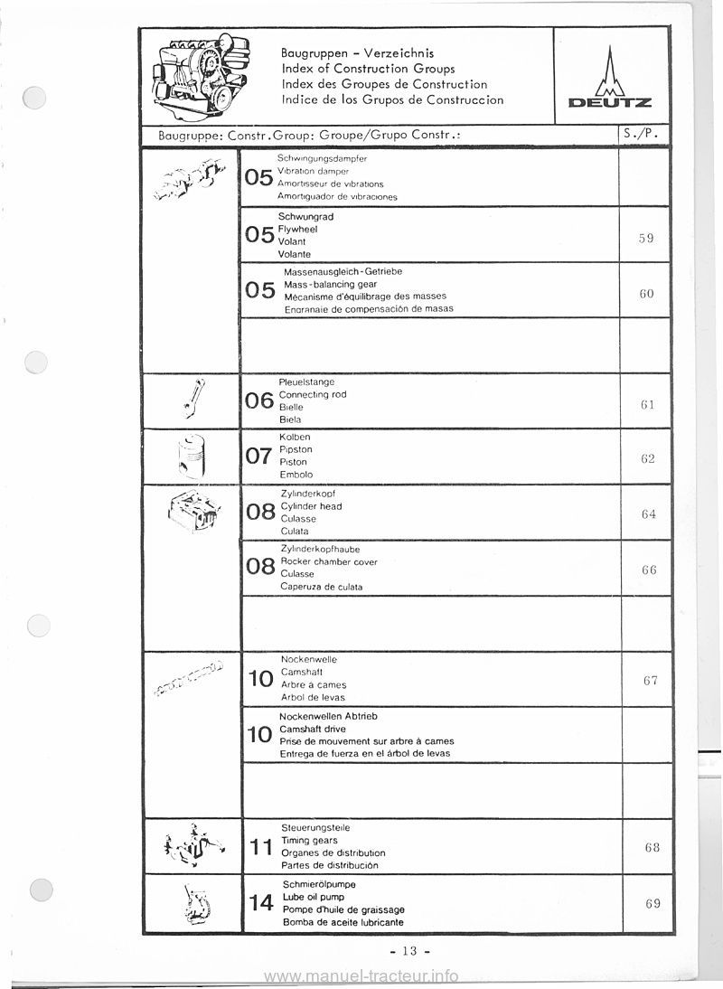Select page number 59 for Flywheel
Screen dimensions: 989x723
pyautogui.click(x=644, y=239)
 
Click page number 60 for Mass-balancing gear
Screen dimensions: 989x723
pyautogui.click(x=644, y=295)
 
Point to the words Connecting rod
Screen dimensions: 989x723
pyautogui.click(x=313, y=395)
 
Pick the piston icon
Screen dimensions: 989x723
pyautogui.click(x=192, y=456)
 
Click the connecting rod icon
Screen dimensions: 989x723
pyautogui.click(x=193, y=399)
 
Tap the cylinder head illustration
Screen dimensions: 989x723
pyautogui.click(x=193, y=514)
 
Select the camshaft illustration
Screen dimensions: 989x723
pyautogui.click(x=189, y=679)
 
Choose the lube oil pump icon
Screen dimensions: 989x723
pyautogui.click(x=193, y=902)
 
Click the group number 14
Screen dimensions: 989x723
pyautogui.click(x=260, y=903)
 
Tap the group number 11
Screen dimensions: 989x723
pyautogui.click(x=260, y=847)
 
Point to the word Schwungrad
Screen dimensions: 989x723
pyautogui.click(x=306, y=217)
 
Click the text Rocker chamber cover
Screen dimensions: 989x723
pyautogui.click(x=329, y=561)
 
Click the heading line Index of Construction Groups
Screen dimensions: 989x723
pyautogui.click(x=368, y=69)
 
